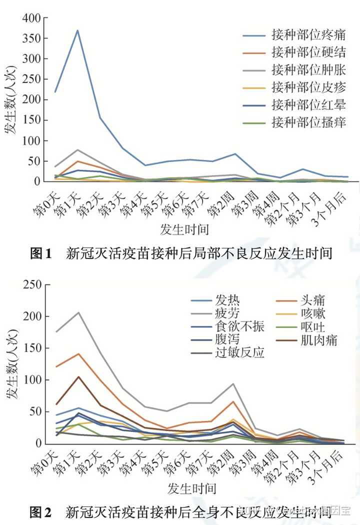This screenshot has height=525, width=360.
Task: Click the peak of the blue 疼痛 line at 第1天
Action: pos(78,30)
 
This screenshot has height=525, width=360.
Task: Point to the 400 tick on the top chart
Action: pos(31,18)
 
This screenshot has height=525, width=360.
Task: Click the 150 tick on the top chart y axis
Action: pos(31,120)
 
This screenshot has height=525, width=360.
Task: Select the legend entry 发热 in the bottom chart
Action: pos(227,300)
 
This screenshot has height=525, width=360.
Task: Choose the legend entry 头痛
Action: pos(313,300)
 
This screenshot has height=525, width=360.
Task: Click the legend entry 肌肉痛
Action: pos(319,340)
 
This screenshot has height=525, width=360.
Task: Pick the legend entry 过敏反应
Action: pos(239,353)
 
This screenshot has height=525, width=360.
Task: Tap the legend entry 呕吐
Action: pos(313,327)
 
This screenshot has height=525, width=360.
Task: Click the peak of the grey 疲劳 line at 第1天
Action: pos(78,312)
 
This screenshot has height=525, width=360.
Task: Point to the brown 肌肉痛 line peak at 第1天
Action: pos(78,376)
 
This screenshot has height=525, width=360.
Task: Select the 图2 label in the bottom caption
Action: pos(41,511)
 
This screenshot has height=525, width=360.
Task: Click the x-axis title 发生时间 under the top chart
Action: pos(184,229)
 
